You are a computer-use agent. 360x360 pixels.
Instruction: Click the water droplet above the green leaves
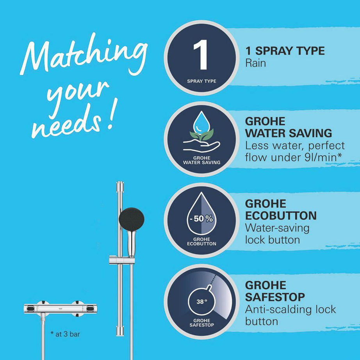[201, 122]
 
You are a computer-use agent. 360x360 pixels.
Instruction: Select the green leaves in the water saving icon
[201, 135]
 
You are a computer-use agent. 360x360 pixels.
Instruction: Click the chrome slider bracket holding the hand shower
[122, 259]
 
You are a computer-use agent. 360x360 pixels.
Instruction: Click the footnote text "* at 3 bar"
[66, 334]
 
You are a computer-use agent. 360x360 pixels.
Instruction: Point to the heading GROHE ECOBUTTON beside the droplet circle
[280, 210]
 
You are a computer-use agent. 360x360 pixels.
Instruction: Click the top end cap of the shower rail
[120, 184]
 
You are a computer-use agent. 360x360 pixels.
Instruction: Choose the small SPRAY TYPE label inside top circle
[201, 82]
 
